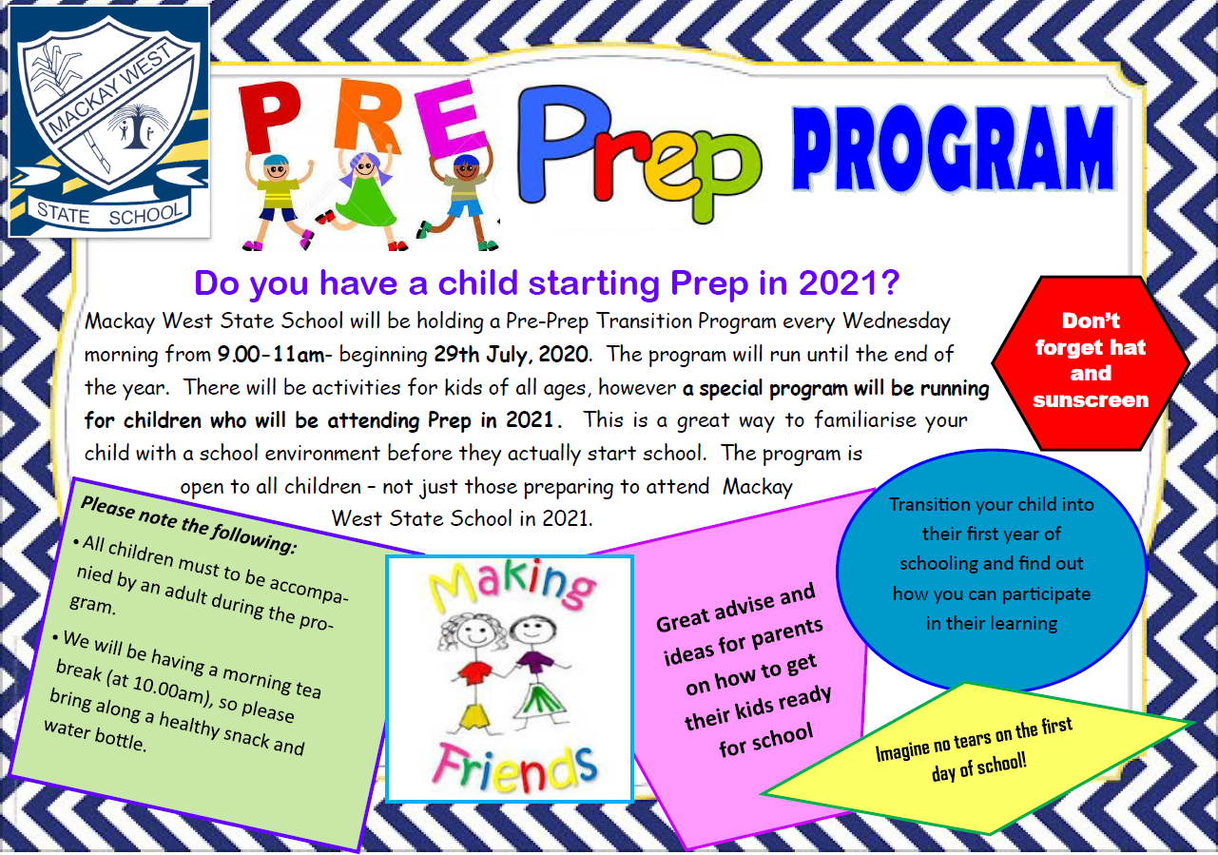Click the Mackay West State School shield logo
point(109,122)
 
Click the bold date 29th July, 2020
point(511,355)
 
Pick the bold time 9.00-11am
point(271,355)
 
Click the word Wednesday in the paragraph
point(896,322)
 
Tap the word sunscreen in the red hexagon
point(1091,399)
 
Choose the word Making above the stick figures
point(512,585)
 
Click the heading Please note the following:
point(188,525)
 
